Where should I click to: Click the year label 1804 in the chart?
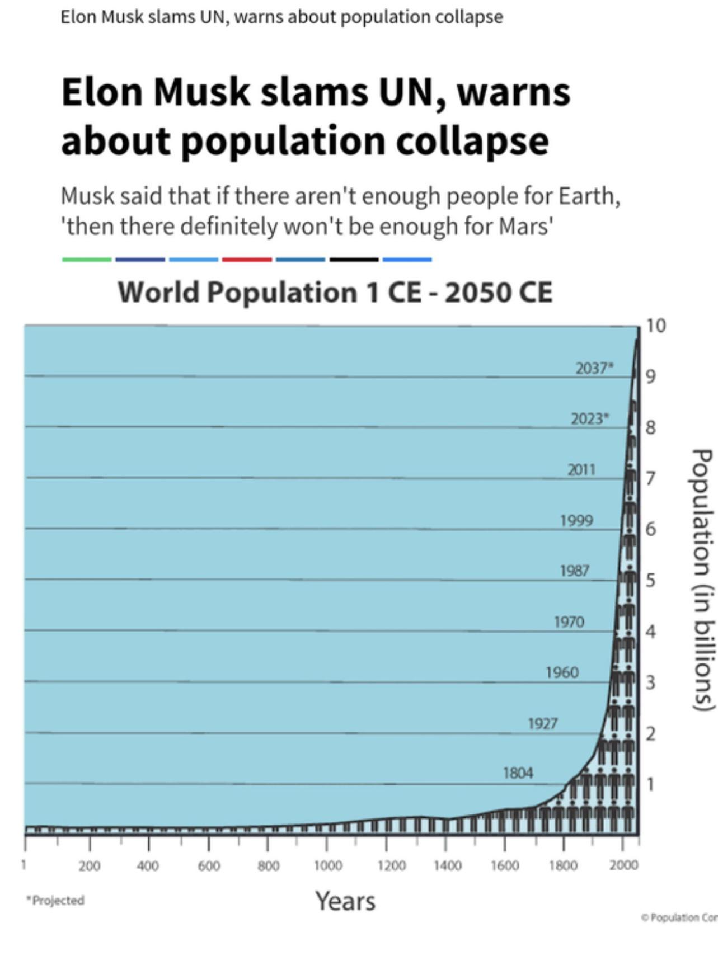(x=518, y=773)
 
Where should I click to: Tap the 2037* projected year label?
(x=594, y=368)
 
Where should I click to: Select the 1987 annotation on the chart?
(x=574, y=571)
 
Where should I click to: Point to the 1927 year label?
(x=542, y=723)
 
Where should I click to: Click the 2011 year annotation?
(x=581, y=469)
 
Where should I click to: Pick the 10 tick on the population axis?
(x=655, y=326)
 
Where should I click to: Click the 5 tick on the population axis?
(x=650, y=580)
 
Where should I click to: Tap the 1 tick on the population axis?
(x=650, y=784)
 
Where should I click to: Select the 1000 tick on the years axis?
(x=327, y=866)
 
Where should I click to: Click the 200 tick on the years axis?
(x=89, y=866)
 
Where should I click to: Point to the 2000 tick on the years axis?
(x=623, y=865)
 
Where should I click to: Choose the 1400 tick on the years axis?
(x=447, y=866)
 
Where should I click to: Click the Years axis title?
(x=345, y=901)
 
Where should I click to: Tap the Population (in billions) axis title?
(x=703, y=580)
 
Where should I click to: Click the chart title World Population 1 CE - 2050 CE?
(x=335, y=292)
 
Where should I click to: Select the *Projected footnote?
(x=55, y=900)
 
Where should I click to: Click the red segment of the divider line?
(x=247, y=260)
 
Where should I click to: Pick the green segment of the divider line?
(x=87, y=260)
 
